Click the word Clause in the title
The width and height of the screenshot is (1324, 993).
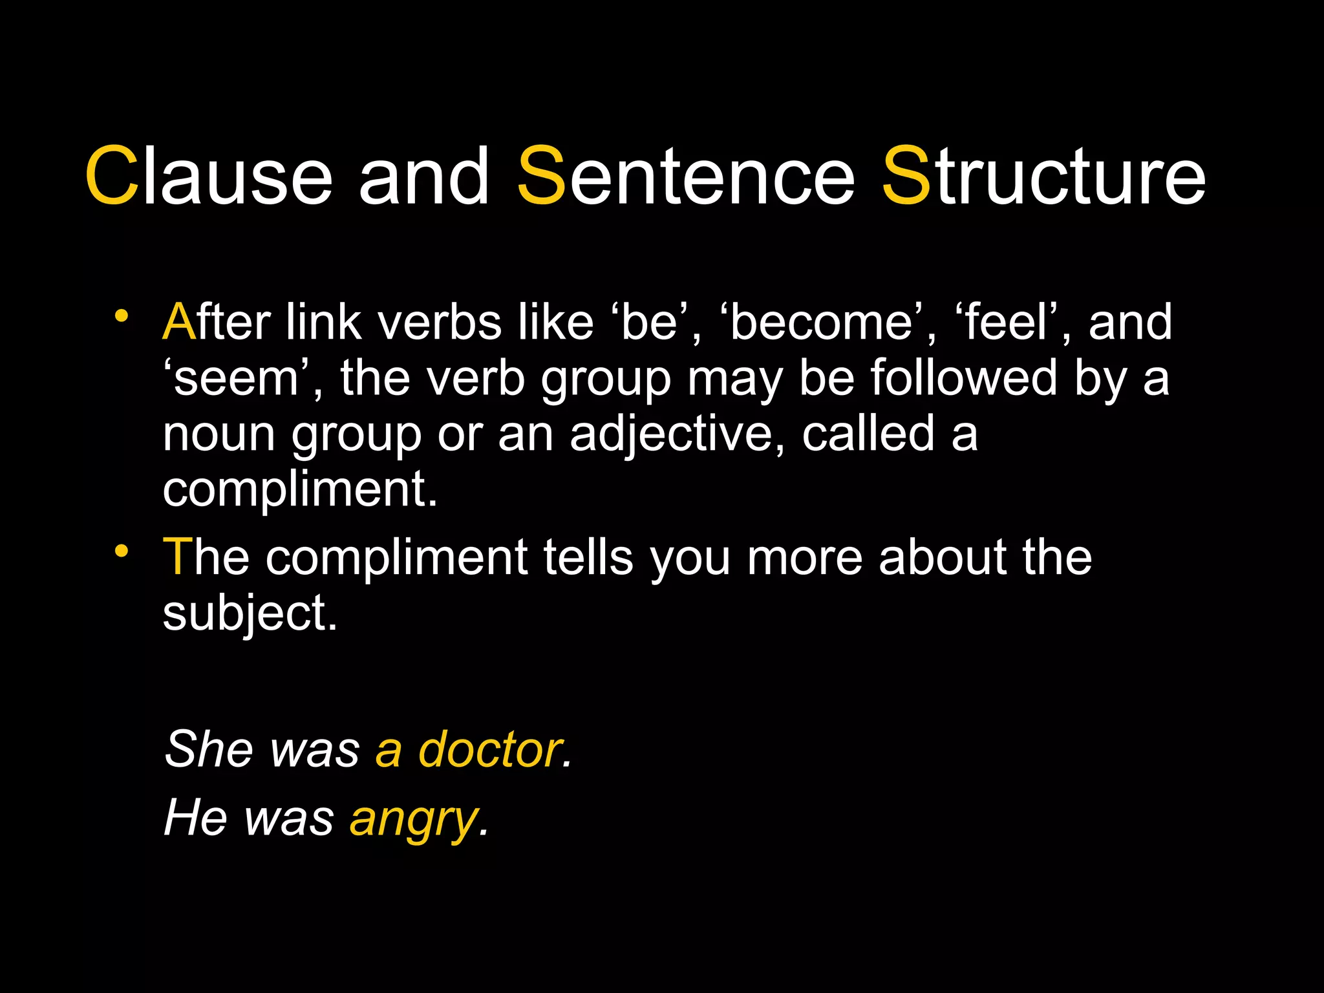coord(208,175)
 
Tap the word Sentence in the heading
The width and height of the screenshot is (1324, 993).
coord(686,175)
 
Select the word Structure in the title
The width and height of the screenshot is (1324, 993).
coord(1043,175)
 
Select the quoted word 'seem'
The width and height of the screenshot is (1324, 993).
coord(236,378)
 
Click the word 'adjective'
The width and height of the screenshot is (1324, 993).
coord(672,434)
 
